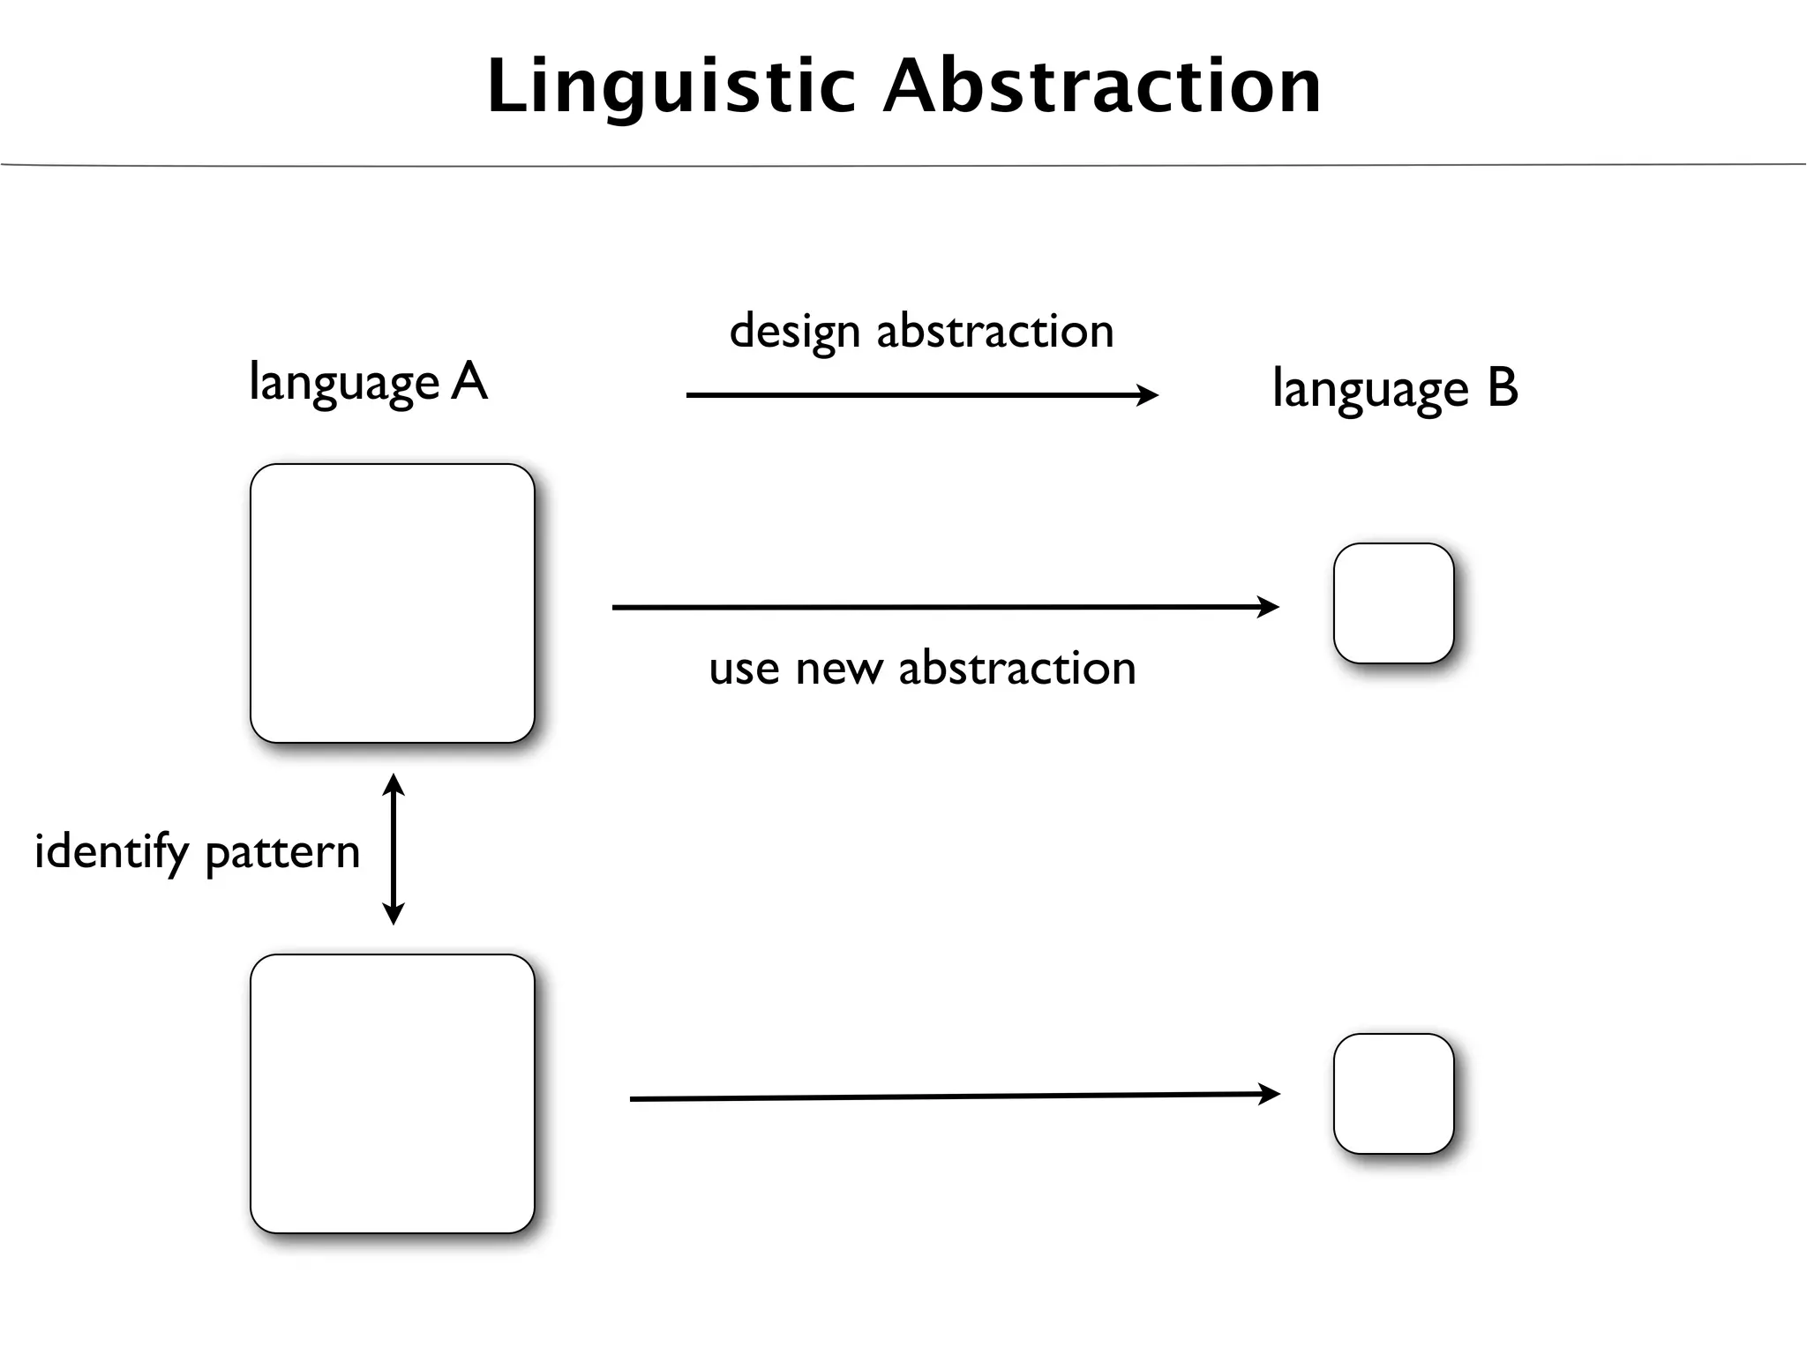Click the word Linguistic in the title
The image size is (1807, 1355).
671,86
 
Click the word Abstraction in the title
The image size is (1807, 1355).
1102,86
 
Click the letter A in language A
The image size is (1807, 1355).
469,382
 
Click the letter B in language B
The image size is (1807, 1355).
1502,387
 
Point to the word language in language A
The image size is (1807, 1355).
344,385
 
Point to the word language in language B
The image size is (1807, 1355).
1369,391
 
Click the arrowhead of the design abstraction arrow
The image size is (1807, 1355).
1149,395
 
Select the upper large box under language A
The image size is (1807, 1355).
393,603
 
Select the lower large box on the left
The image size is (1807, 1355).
393,1094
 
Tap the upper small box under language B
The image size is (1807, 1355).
1393,603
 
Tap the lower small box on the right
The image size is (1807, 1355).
1393,1094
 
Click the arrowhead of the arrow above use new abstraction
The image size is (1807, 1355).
1270,607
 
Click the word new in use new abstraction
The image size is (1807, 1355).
838,668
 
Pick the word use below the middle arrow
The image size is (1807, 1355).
744,669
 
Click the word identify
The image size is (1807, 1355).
111,853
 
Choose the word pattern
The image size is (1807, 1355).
282,853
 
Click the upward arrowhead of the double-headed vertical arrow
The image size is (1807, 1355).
394,783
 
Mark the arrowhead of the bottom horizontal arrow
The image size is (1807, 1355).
1271,1095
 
